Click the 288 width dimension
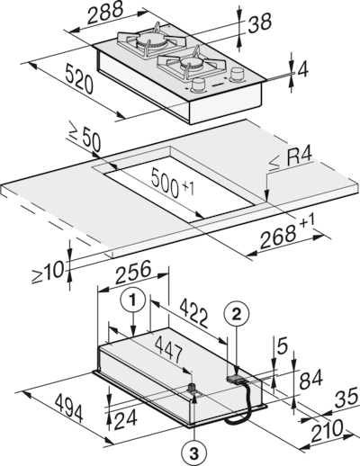104,13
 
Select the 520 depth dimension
79,80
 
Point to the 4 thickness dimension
302,70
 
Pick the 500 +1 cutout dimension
172,183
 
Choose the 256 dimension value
133,272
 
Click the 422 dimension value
194,314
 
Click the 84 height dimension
311,379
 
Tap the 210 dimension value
327,431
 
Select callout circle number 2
237,314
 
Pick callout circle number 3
194,453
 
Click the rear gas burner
151,41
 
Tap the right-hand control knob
237,75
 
